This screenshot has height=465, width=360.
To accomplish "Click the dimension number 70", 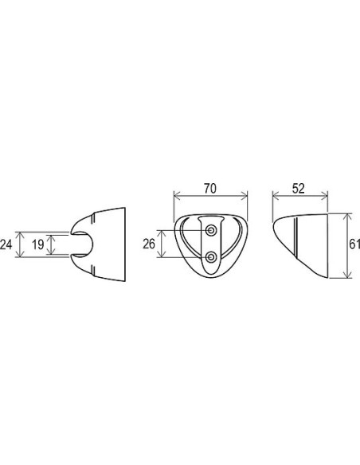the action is point(210,189).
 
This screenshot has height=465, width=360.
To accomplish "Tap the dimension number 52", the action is point(299,189).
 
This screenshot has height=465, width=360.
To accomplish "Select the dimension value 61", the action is point(354,244).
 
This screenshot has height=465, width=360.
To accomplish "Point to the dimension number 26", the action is point(149,244).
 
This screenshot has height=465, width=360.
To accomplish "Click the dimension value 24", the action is point(6,244).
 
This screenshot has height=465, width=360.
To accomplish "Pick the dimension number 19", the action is point(38,244).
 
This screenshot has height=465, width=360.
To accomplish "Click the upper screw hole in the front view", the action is point(211,230).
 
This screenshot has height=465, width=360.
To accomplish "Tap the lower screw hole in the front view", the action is point(211,257).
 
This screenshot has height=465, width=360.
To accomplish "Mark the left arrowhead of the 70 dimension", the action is point(177,195).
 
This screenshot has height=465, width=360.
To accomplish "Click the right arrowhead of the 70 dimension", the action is point(244,195).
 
